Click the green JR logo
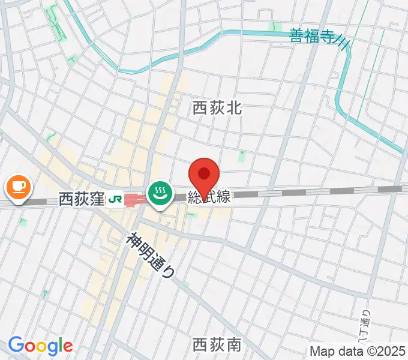pos(116,199)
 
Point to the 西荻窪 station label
pos(82,199)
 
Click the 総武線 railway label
pos(208,197)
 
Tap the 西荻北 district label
pos(217,108)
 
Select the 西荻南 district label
pos(217,344)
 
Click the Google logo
pos(40,346)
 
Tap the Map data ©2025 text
pos(358,351)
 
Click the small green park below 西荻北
pos(242,157)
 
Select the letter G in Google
pos(16,345)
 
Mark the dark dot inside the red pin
pos(204,174)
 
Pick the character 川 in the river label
pos(343,40)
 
